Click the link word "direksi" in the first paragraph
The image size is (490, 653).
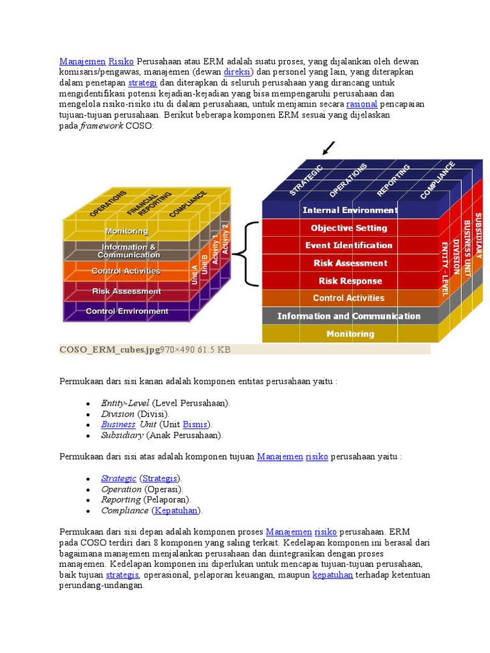[x=237, y=72]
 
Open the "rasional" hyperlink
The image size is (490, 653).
[x=362, y=104]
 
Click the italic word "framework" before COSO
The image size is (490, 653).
[x=101, y=126]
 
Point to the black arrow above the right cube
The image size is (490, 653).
[x=329, y=149]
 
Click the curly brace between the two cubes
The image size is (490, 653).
[x=246, y=254]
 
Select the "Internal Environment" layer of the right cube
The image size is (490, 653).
[x=350, y=210]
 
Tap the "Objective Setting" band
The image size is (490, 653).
[x=349, y=228]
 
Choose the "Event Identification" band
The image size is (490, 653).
[x=349, y=246]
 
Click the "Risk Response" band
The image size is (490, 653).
[x=350, y=281]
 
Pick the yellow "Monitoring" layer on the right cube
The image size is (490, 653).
[x=350, y=334]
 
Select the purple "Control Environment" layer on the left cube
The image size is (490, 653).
[x=127, y=311]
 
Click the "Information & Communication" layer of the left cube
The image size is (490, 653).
[x=128, y=251]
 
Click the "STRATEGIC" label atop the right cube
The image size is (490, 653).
[x=307, y=180]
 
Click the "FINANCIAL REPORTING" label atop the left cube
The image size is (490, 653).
[x=149, y=203]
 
